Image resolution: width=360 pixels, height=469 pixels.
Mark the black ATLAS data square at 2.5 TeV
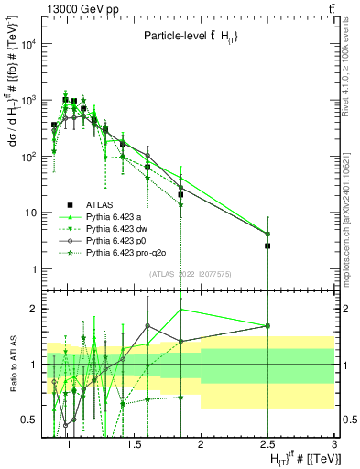pyautogui.click(x=267, y=245)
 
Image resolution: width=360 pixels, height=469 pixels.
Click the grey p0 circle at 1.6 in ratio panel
pyautogui.click(x=147, y=325)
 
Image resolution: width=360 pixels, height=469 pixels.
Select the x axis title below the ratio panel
pyautogui.click(x=302, y=458)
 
